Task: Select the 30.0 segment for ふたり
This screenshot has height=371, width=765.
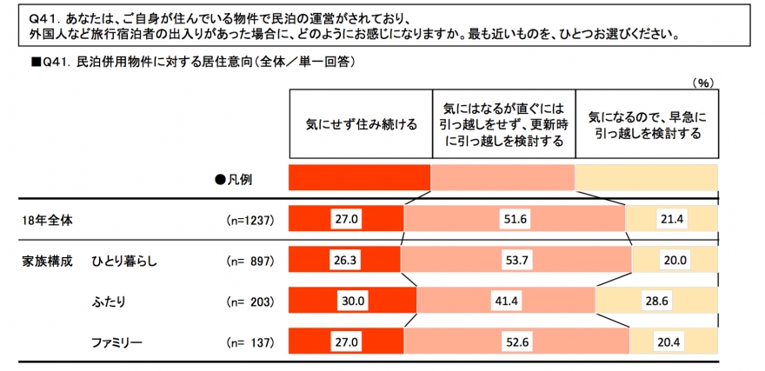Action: tap(351, 301)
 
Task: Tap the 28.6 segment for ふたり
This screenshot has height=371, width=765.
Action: tap(656, 301)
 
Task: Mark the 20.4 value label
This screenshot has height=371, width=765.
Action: tap(674, 342)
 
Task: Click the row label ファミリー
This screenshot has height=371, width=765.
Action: tap(117, 342)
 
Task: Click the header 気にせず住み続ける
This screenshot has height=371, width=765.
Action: tap(359, 123)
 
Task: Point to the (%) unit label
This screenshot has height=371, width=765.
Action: tap(701, 81)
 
